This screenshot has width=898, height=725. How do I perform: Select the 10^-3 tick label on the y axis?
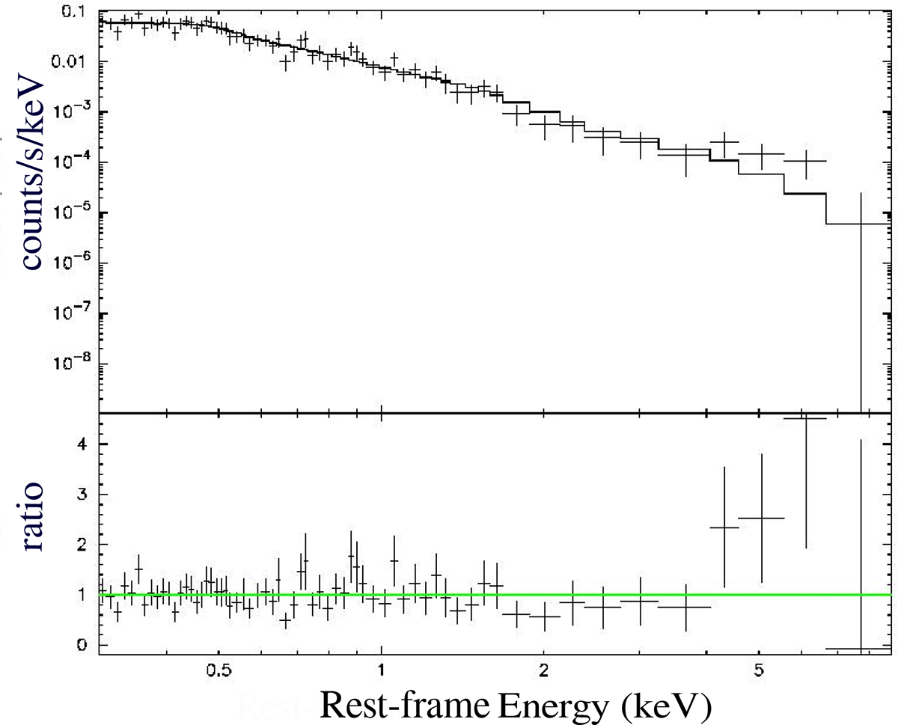point(78,111)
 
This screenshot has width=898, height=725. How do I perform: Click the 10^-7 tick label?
point(78,313)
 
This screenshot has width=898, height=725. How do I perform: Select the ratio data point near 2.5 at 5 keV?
point(761,518)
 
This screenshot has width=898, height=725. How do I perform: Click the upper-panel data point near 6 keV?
point(805,161)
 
